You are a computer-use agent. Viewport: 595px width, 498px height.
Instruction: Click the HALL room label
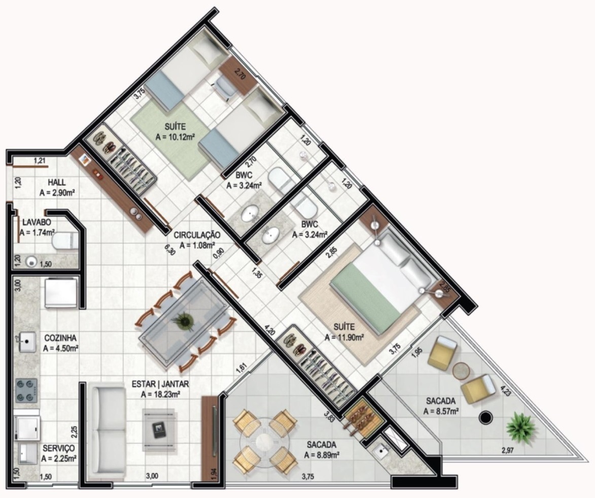pos(56,182)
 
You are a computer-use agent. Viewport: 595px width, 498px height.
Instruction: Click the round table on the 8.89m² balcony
pos(264,442)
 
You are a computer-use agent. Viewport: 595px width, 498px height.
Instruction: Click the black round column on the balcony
pos(486,418)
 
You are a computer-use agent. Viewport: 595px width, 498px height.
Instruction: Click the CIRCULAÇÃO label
pos(197,235)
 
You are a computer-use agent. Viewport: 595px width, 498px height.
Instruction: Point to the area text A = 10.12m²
pos(176,137)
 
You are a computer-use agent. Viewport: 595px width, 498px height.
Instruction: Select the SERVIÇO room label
pos(59,448)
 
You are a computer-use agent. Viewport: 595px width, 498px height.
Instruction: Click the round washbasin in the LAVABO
pos(32,261)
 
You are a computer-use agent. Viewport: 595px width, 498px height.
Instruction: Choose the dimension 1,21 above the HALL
pos(40,161)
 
